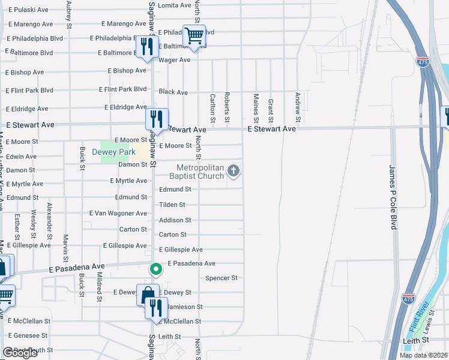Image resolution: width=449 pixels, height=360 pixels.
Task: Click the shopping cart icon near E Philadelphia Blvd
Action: [194, 36]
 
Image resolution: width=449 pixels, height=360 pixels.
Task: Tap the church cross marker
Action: [234, 172]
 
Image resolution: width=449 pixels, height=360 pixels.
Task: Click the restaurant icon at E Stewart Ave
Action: [156, 119]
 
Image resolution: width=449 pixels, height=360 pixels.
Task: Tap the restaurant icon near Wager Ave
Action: [148, 46]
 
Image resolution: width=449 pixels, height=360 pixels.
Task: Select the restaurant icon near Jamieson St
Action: [155, 308]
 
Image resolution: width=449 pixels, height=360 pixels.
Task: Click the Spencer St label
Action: [221, 278]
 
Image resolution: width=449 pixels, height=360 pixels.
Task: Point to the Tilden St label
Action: [172, 205]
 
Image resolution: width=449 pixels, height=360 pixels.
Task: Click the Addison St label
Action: [175, 220]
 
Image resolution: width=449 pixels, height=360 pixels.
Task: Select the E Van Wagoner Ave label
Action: [118, 213]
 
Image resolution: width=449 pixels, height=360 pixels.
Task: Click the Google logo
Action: [20, 353]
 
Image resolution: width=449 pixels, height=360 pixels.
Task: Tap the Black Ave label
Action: [173, 92]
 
